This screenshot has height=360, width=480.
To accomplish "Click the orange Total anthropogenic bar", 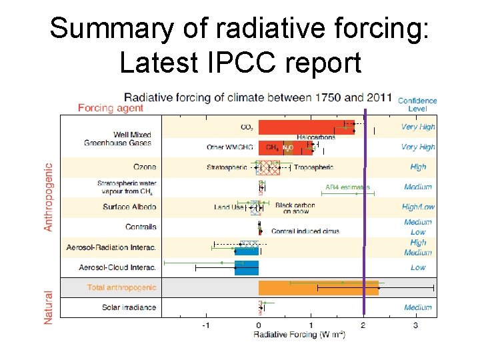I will click(x=318, y=288).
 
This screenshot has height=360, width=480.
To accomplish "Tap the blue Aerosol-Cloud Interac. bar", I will click(x=246, y=268).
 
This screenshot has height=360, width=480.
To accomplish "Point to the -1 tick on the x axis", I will click(x=206, y=325).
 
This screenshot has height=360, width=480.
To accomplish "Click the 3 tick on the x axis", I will click(x=416, y=325).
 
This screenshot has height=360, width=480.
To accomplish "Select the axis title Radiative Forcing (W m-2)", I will click(x=299, y=335).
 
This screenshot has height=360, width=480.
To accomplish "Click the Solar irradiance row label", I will click(x=129, y=307).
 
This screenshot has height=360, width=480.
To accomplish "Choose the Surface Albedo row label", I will click(x=129, y=207).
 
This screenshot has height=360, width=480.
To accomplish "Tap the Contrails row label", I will click(x=140, y=227).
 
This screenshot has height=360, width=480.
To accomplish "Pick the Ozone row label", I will click(x=144, y=167).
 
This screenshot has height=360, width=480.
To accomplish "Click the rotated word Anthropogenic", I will click(x=49, y=198).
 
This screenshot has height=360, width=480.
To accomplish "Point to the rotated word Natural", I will click(x=49, y=307).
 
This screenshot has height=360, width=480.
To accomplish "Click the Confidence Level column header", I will click(x=417, y=105).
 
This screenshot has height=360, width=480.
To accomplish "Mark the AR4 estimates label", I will click(x=347, y=187).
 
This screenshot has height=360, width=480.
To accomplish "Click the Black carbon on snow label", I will click(x=295, y=209).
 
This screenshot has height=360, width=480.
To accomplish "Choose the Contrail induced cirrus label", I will click(x=305, y=231).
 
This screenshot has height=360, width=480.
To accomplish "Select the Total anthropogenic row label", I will click(x=121, y=288).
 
